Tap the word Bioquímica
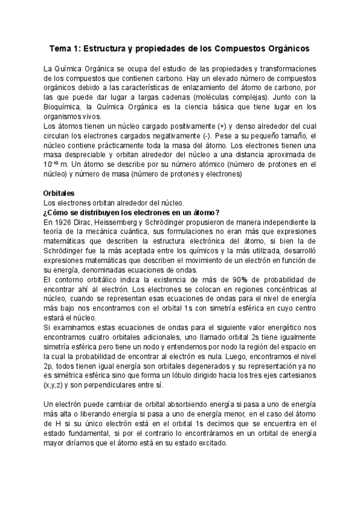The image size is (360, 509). click(x=67, y=107)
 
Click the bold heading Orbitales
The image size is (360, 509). click(x=59, y=194)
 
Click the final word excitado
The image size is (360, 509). click(x=208, y=444)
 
